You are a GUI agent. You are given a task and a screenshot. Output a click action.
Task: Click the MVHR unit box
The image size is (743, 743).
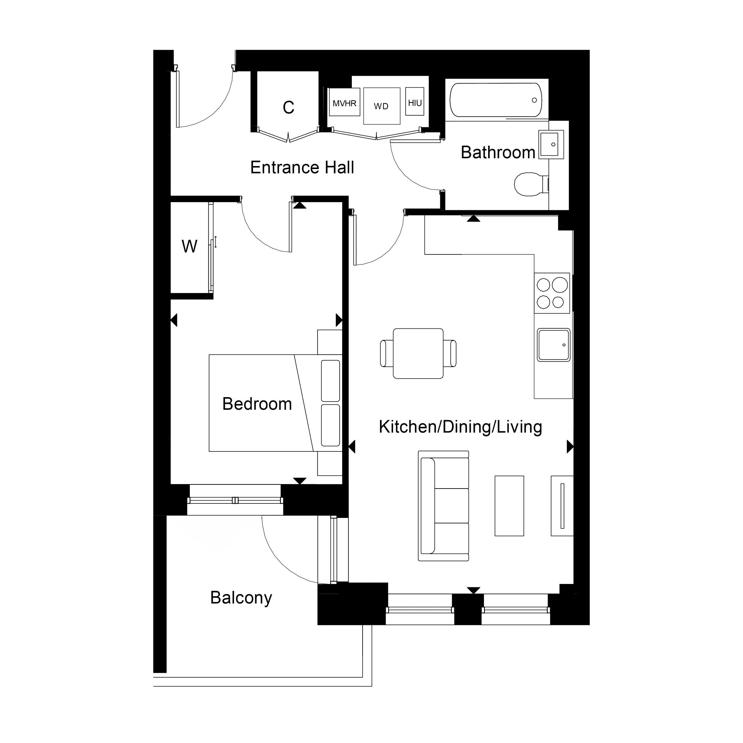click(x=344, y=102)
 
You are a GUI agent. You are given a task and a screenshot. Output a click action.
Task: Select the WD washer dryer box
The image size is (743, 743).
click(x=382, y=106)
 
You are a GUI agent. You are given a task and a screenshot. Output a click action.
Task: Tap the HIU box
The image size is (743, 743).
click(x=415, y=102)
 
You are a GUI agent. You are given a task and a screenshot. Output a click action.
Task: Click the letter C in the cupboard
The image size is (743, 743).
click(x=288, y=107)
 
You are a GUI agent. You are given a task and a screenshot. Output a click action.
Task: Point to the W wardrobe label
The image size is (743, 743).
click(x=189, y=247)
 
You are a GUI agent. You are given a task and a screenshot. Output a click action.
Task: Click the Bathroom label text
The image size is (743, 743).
click(x=498, y=152)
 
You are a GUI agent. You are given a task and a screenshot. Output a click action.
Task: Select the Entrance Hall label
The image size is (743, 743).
click(x=302, y=168)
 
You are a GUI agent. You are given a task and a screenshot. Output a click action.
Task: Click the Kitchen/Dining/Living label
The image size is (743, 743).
click(x=460, y=427)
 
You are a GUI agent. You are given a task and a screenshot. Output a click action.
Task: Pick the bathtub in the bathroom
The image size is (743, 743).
click(x=496, y=100)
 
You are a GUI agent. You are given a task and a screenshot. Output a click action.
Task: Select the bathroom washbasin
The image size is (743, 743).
click(x=551, y=145)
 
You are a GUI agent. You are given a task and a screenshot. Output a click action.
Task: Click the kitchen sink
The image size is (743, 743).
click(x=554, y=345)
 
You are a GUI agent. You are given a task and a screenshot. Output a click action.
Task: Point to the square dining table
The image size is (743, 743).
click(x=418, y=353)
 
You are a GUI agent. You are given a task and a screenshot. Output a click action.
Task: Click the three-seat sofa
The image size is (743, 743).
click(x=444, y=506)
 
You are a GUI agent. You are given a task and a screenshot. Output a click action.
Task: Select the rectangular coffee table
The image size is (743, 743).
click(x=509, y=506)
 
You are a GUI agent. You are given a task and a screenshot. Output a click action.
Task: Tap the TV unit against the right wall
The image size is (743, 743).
click(x=562, y=506)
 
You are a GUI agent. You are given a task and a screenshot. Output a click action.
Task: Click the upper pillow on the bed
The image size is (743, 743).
click(x=330, y=380)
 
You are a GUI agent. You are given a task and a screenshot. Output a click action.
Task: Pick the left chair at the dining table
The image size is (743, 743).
click(x=386, y=353)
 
